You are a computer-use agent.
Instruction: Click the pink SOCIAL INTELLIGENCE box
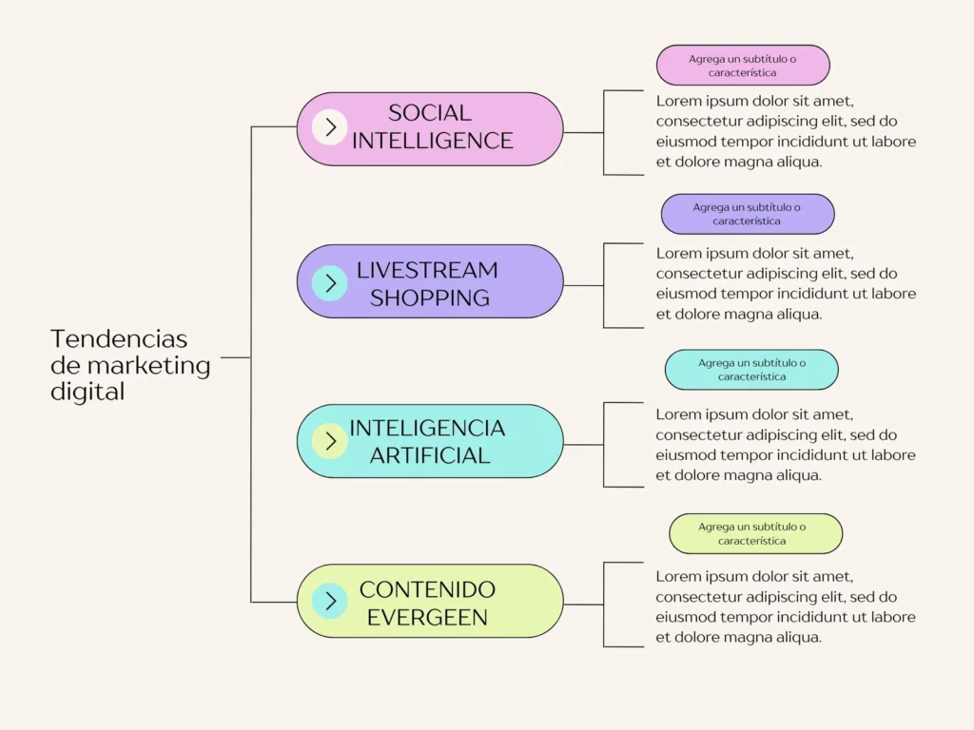tap(430, 129)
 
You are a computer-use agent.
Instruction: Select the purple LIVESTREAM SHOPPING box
tap(430, 281)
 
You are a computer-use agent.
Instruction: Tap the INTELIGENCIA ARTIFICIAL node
tap(430, 441)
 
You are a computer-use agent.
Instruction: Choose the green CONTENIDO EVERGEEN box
tap(430, 601)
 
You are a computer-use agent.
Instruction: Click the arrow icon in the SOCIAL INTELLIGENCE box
tap(329, 127)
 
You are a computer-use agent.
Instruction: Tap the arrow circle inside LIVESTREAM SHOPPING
tap(329, 283)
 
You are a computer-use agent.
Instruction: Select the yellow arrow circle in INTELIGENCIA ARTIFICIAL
tap(329, 441)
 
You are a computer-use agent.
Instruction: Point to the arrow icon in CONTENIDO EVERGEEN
tap(329, 601)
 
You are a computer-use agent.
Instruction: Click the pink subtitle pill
tap(743, 66)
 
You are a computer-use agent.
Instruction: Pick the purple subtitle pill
tap(748, 214)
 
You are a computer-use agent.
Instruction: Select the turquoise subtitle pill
tap(751, 370)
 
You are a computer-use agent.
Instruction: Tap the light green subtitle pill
tap(755, 534)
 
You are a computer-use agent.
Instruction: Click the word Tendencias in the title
tap(119, 339)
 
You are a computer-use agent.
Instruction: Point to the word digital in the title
tap(88, 392)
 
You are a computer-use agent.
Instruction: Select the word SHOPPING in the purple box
tap(430, 298)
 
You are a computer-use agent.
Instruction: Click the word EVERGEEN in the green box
tap(427, 618)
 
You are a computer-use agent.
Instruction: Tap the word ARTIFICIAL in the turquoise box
tap(430, 455)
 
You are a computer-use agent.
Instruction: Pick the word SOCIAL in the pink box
tap(430, 113)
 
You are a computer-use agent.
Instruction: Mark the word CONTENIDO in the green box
tap(427, 589)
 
